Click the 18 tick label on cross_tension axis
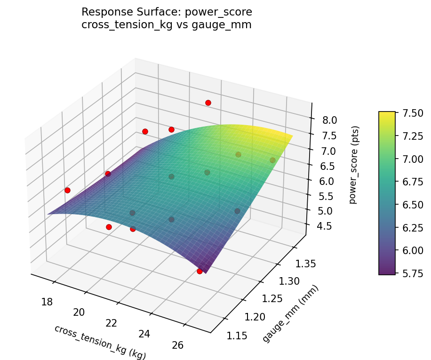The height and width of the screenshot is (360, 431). (x=47, y=301)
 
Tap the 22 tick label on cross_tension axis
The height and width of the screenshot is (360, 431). (x=112, y=323)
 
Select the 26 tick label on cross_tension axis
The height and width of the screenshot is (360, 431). (x=177, y=345)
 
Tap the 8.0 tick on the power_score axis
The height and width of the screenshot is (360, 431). (x=329, y=120)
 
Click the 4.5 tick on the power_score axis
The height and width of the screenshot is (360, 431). (x=324, y=226)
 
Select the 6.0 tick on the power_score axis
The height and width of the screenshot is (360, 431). (x=326, y=181)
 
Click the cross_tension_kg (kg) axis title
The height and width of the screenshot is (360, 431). (x=100, y=342)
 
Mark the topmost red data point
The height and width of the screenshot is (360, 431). (x=208, y=103)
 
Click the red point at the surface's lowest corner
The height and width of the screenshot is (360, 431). (x=200, y=271)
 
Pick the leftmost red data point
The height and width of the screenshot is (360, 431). (x=67, y=190)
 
